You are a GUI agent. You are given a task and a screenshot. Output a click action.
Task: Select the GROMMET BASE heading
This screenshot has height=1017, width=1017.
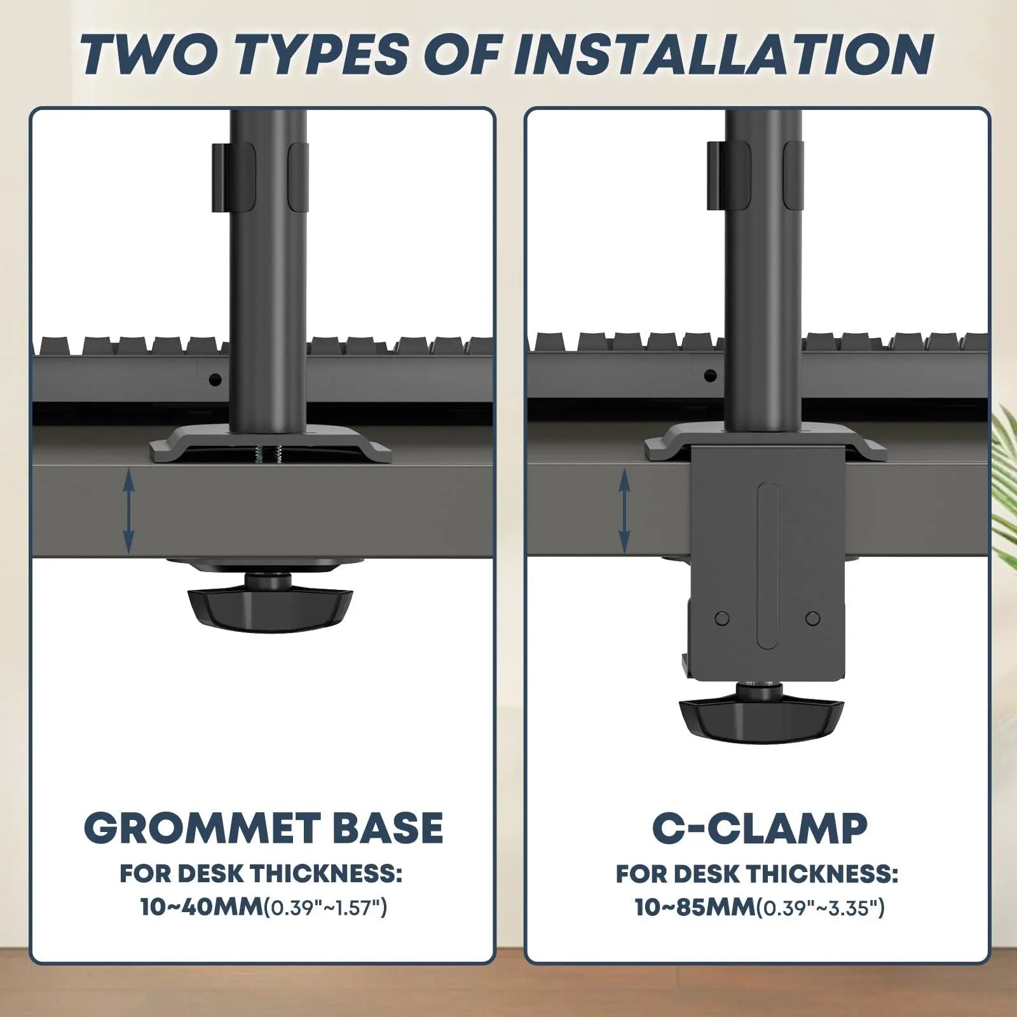(x=264, y=828)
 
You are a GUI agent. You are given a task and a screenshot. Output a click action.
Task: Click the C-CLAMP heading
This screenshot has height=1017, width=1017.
(x=760, y=828)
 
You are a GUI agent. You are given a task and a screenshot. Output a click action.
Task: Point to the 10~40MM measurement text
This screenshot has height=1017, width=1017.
(x=201, y=907)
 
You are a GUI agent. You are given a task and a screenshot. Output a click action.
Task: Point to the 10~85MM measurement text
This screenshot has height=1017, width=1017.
(x=695, y=907)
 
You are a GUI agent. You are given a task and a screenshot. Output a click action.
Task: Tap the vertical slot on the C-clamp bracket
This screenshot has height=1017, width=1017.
(x=767, y=565)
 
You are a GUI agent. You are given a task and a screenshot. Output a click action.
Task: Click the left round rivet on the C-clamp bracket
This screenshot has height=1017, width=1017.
(x=721, y=618)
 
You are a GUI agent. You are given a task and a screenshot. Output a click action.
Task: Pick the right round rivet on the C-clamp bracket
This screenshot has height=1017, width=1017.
(x=812, y=618)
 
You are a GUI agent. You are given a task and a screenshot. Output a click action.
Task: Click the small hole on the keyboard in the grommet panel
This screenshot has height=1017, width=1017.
(x=215, y=379)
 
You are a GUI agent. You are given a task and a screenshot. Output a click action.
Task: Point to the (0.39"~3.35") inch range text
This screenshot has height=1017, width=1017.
(x=821, y=908)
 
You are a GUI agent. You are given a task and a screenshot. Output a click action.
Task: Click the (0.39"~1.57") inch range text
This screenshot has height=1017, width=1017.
(x=325, y=908)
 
